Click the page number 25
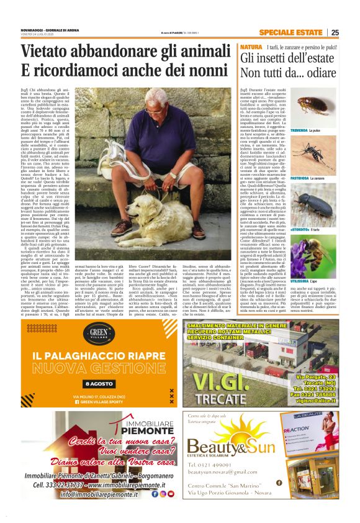point(351,32)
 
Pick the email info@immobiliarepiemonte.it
point(103,511)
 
